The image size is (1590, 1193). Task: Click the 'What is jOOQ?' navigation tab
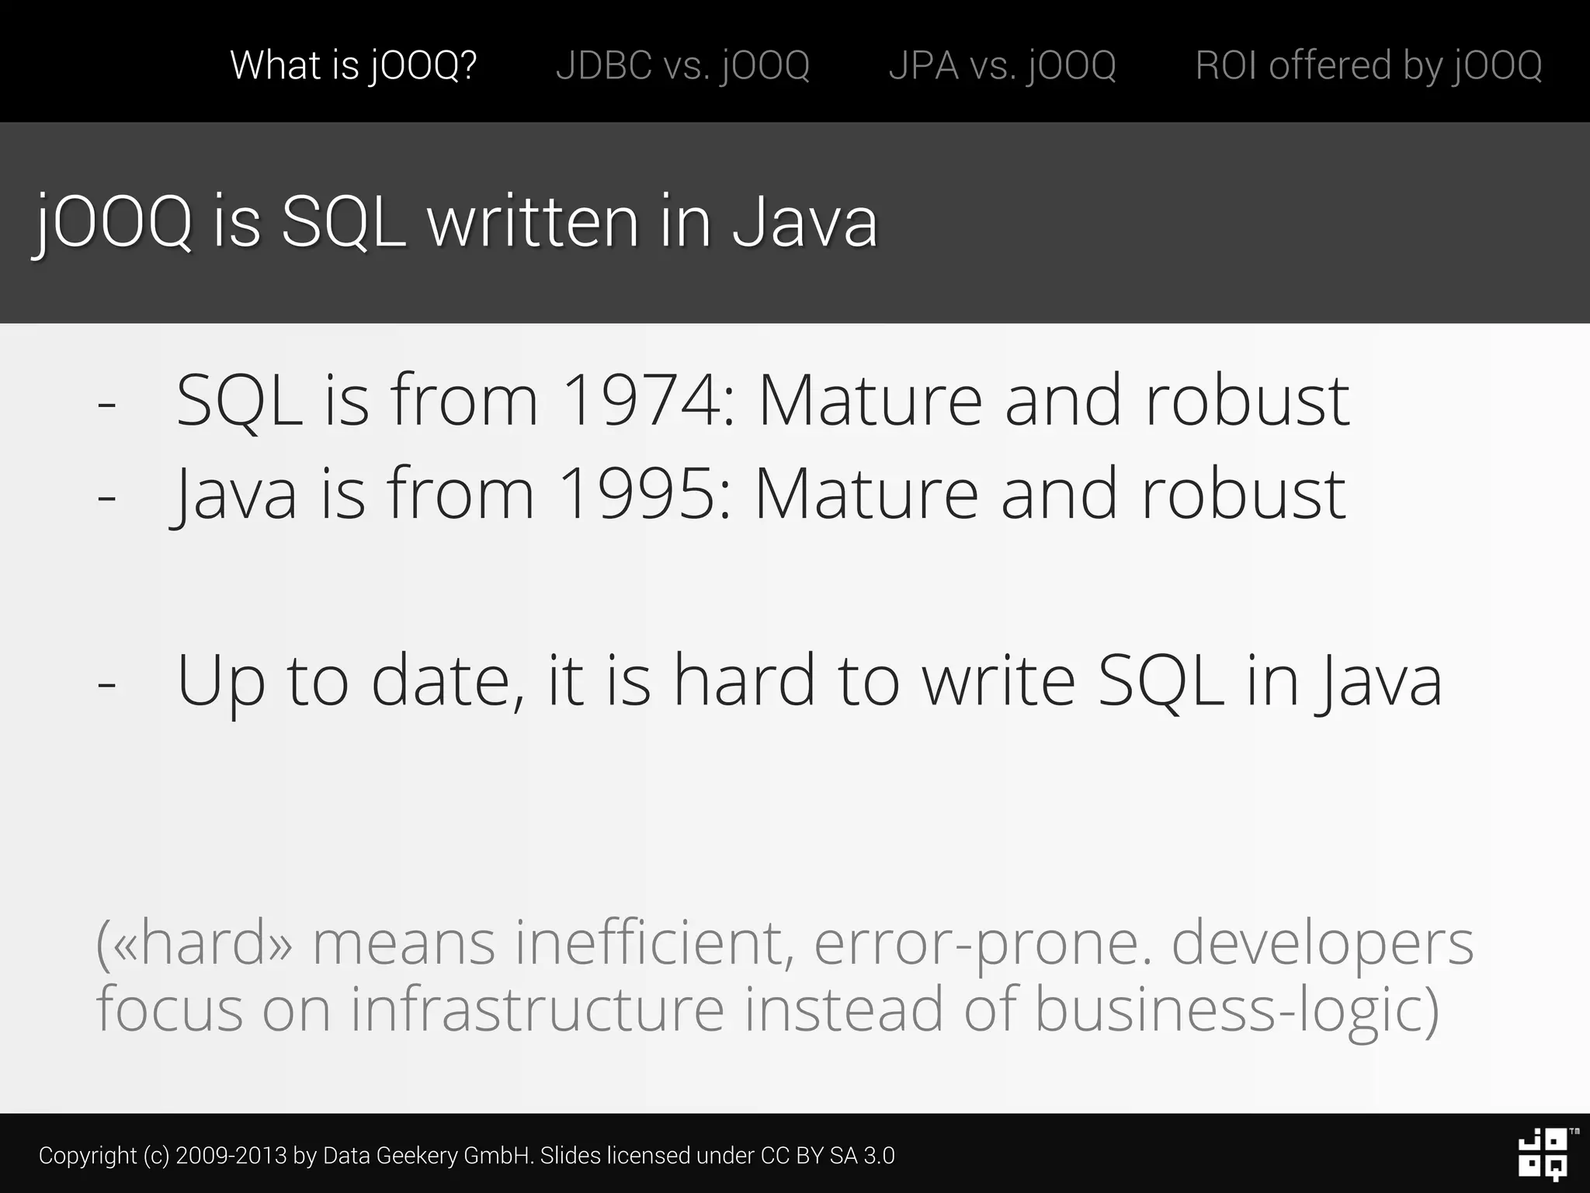tap(353, 64)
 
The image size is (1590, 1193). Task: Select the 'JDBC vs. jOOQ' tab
tap(682, 64)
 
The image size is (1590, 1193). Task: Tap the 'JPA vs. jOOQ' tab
tap(1002, 64)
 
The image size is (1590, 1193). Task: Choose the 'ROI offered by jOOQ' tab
tap(1368, 64)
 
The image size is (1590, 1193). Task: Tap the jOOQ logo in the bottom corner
tap(1543, 1154)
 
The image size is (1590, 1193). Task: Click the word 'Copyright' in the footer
tap(88, 1156)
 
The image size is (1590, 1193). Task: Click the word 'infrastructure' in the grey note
tap(537, 1010)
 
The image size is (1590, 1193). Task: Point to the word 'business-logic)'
tap(1237, 1010)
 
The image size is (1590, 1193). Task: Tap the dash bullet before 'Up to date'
tap(107, 684)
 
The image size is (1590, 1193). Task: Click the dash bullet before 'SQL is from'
tap(107, 405)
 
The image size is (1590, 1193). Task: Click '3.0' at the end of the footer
tap(879, 1156)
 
